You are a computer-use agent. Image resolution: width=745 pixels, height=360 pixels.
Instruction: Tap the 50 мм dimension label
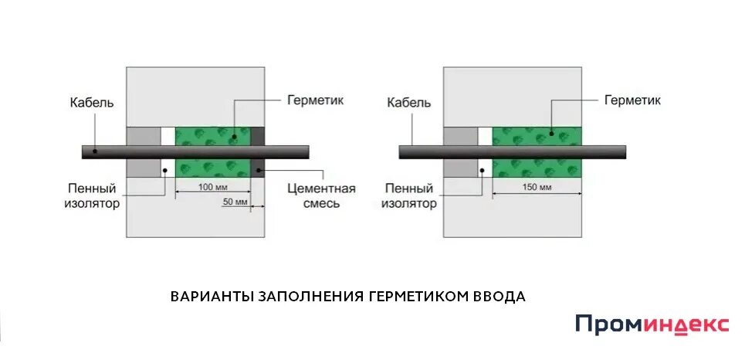tap(235, 202)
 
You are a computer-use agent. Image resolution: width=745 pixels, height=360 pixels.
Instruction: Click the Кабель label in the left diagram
tap(92, 102)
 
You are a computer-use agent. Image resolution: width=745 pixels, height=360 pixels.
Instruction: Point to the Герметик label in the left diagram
tap(315, 100)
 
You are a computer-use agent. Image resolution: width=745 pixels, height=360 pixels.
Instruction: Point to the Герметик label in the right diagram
tap(633, 100)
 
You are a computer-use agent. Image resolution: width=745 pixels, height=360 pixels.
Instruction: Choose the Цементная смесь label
tap(321, 196)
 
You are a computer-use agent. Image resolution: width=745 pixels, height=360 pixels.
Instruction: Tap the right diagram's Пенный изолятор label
tap(410, 196)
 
